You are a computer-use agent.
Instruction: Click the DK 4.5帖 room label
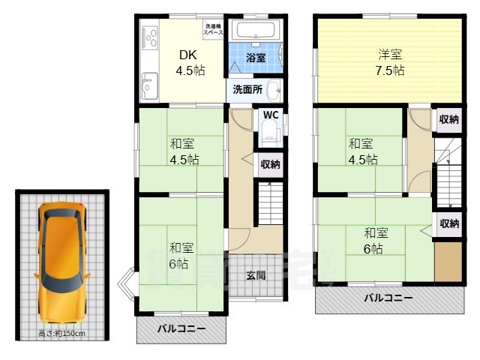[x=190, y=64]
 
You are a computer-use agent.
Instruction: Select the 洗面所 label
[x=246, y=89]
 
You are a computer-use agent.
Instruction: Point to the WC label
[x=271, y=115]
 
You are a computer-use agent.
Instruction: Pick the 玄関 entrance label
[x=256, y=275]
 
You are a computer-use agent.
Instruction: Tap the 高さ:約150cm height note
[x=62, y=333]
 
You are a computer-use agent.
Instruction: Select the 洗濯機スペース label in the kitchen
[x=213, y=30]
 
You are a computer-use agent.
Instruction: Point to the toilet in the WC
[x=269, y=136]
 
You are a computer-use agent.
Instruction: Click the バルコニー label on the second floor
[x=388, y=298]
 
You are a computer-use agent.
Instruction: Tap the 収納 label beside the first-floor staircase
[x=270, y=164]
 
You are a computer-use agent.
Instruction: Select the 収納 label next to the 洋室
[x=448, y=119]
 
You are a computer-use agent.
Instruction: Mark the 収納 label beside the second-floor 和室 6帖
[x=448, y=223]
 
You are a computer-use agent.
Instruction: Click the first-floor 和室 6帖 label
[x=178, y=255]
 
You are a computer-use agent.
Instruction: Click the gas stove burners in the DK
[x=148, y=37]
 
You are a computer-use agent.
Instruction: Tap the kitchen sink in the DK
[x=147, y=80]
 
